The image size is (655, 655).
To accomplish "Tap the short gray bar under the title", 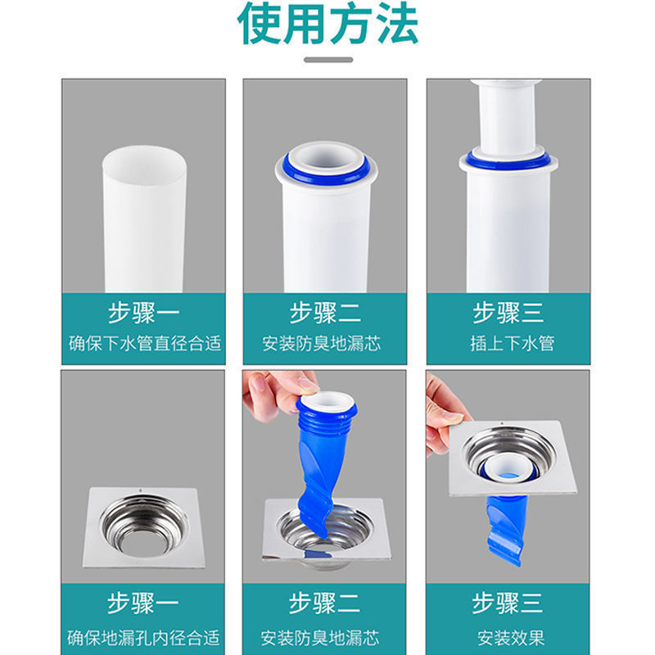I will click(327, 60).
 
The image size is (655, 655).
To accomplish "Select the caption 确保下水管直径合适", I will click(145, 344).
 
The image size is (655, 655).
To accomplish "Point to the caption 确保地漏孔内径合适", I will click(145, 637).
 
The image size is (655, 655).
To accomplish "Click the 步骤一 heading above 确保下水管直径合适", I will click(143, 314).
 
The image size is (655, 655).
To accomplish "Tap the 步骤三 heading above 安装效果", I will click(508, 604).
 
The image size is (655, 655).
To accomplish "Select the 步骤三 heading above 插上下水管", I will click(508, 314).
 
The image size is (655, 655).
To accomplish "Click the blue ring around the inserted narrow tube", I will click(508, 159).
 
